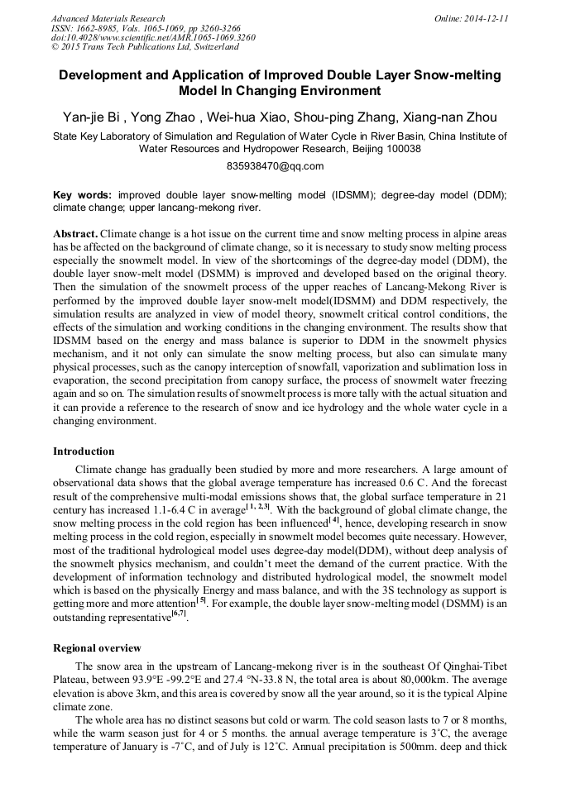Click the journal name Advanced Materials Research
108,18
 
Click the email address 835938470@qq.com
280,165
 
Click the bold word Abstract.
75,234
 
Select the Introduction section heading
84,451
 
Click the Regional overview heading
97,647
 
